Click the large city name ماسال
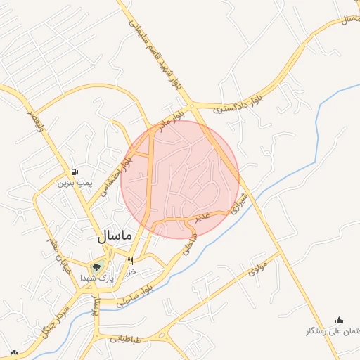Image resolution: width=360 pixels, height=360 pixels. click(113, 237)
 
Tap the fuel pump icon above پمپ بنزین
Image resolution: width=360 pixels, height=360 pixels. click(75, 172)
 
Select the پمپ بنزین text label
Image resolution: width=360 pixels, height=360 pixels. click(75, 184)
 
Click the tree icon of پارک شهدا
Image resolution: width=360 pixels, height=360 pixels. click(96, 266)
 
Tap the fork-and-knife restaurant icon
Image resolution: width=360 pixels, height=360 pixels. click(131, 262)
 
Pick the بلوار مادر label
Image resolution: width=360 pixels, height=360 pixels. click(173, 117)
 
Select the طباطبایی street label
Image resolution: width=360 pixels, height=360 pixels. click(125, 339)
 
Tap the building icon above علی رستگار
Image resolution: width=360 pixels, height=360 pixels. click(340, 320)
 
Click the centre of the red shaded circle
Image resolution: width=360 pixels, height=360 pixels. click(180, 179)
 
